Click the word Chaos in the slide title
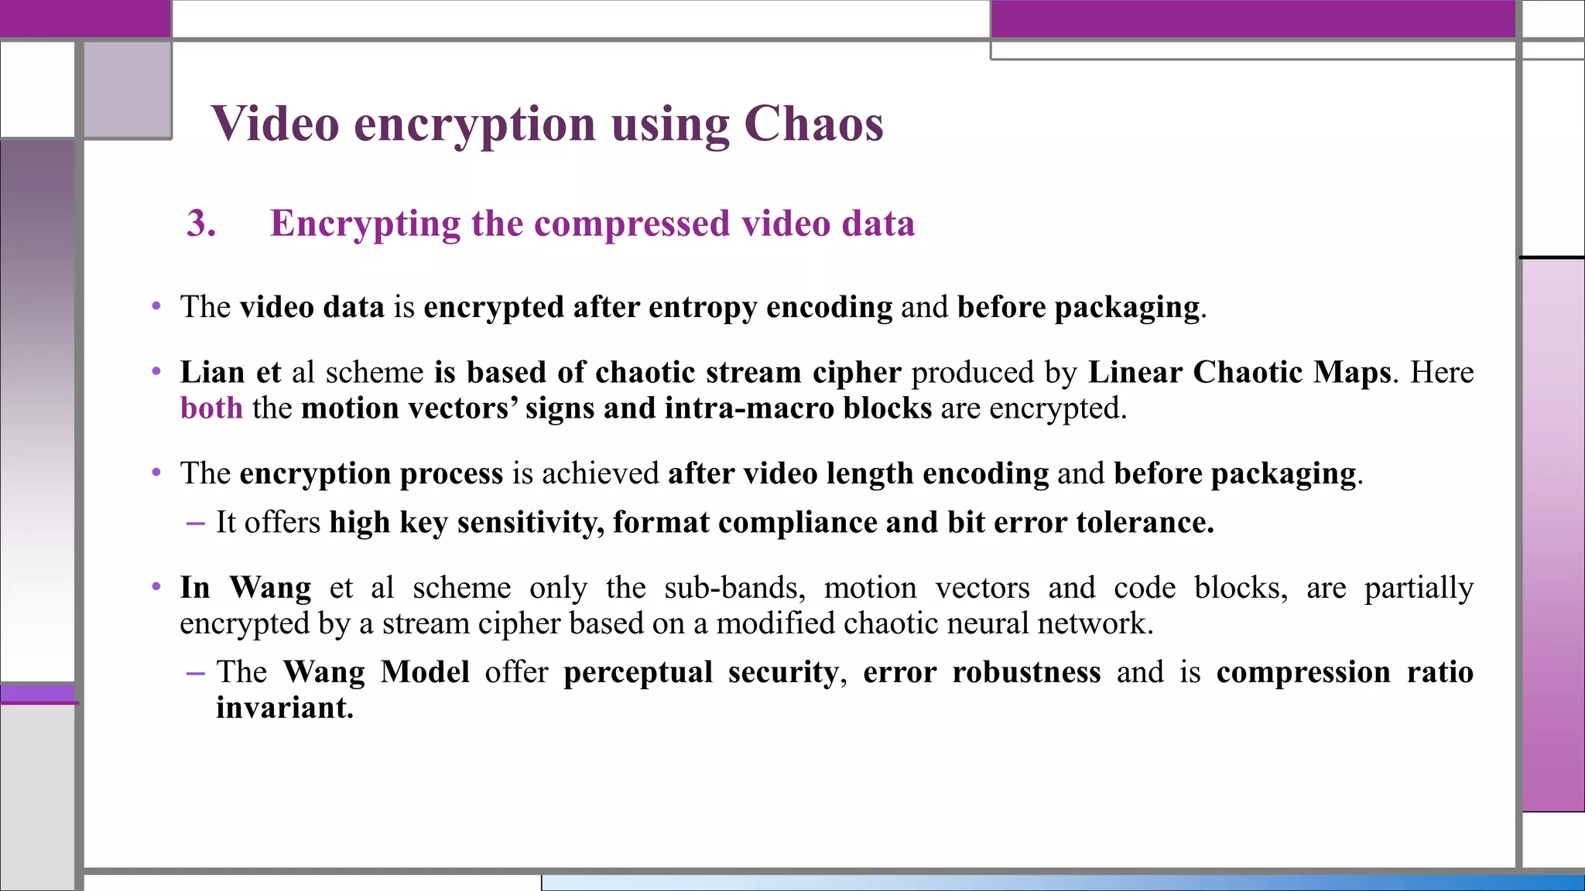(x=813, y=124)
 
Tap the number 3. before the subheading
(x=200, y=224)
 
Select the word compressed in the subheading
(x=632, y=224)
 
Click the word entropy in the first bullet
(x=702, y=307)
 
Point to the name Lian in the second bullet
(x=213, y=372)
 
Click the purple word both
(x=211, y=408)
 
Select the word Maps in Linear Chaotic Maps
(x=1352, y=372)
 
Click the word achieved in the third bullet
(x=601, y=473)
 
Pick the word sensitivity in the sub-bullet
(x=530, y=522)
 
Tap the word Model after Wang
(x=425, y=671)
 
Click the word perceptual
(x=638, y=671)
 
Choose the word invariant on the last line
(x=284, y=708)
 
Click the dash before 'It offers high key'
(x=195, y=523)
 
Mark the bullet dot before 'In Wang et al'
(x=156, y=587)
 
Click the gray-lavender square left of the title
(x=128, y=90)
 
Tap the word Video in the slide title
(x=275, y=124)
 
